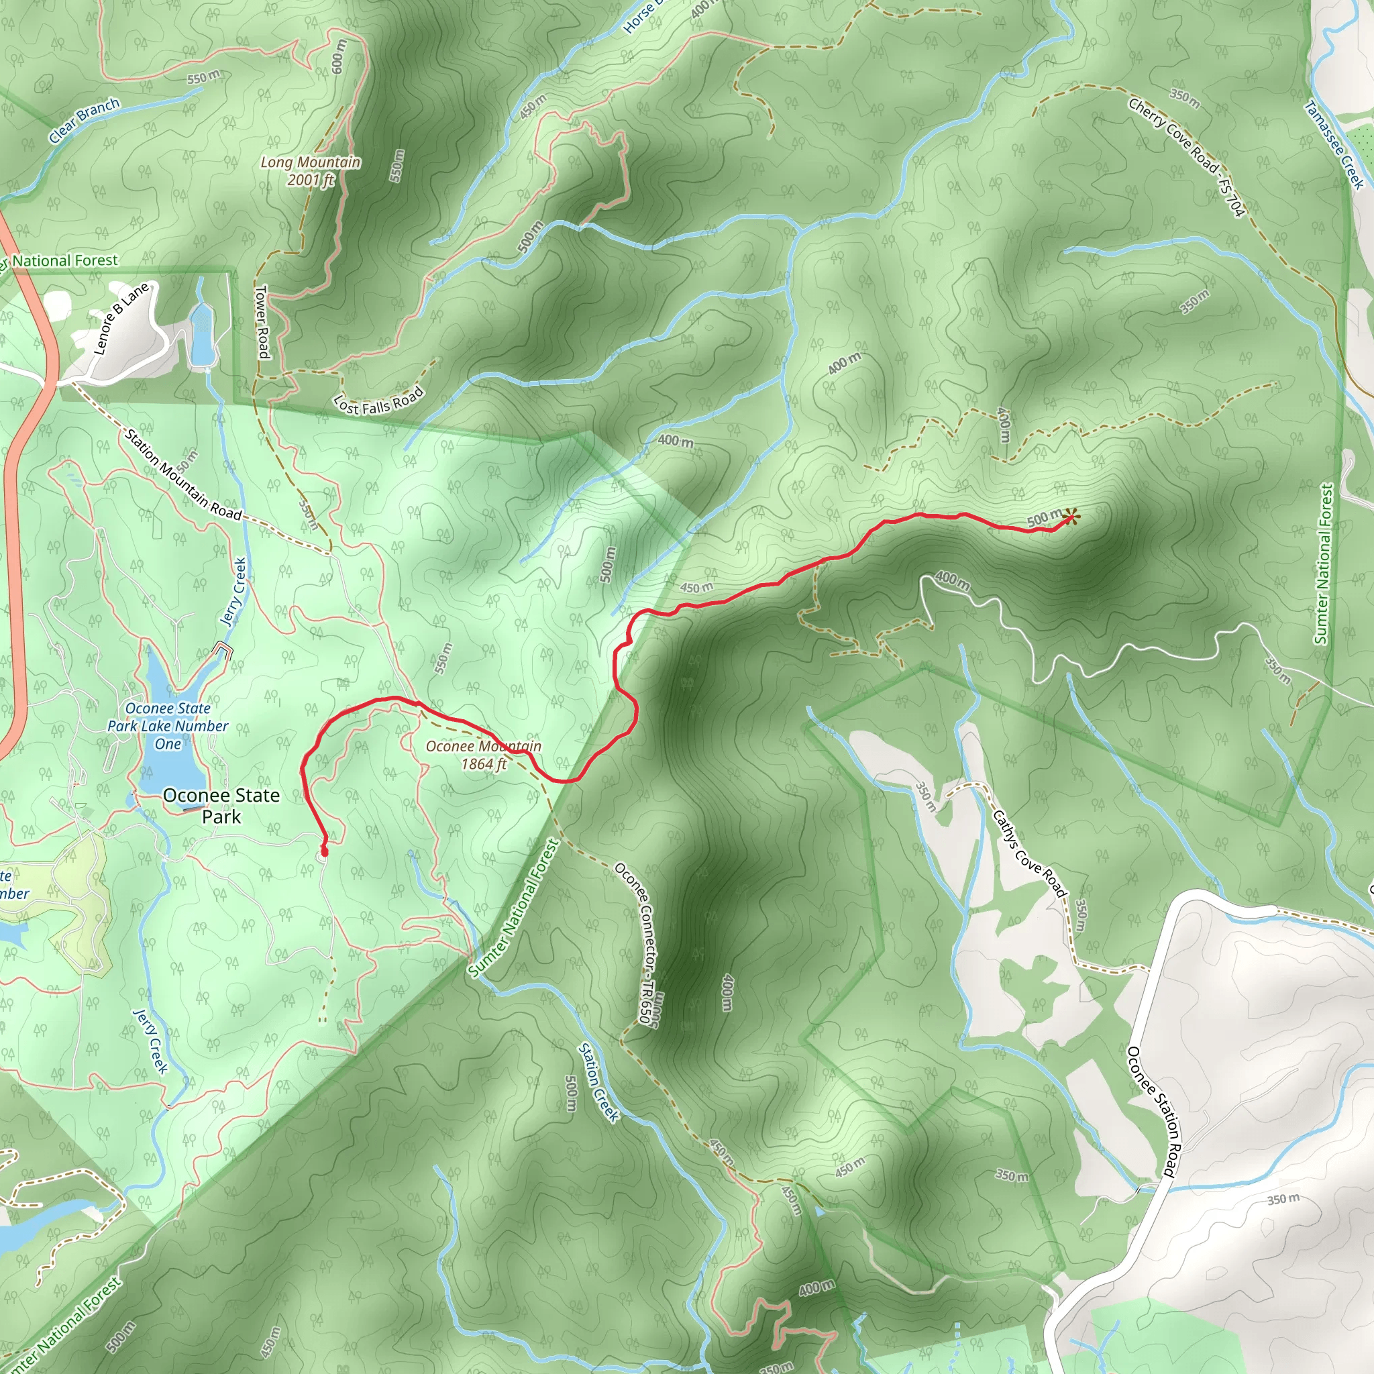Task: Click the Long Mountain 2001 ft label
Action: tap(310, 170)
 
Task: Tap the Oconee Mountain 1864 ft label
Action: tap(484, 755)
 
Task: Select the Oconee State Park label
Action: tap(221, 806)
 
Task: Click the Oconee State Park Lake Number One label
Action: tap(168, 726)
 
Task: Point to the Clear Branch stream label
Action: tap(84, 121)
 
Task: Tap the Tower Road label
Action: tap(262, 321)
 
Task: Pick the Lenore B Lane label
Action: tap(121, 319)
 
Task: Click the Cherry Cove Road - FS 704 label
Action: tap(1187, 156)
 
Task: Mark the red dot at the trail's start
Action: tap(325, 851)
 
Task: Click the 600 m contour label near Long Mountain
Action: tap(339, 57)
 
